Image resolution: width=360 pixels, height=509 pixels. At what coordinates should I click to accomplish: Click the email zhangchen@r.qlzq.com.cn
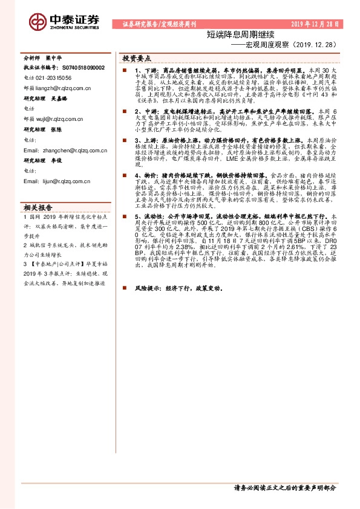pyautogui.click(x=70, y=151)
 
